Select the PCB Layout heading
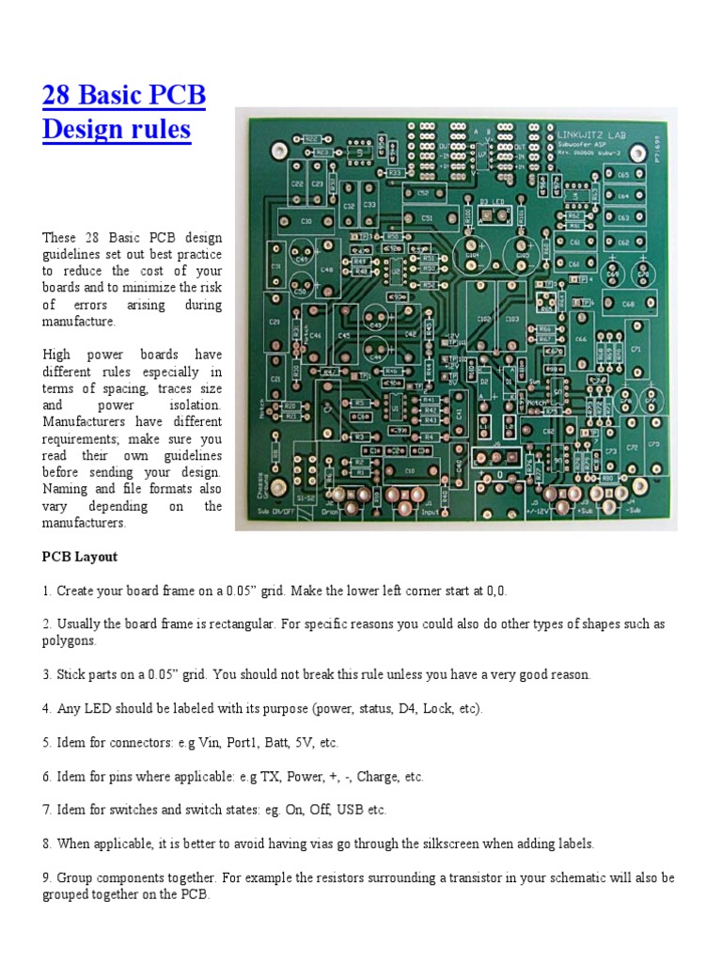80,557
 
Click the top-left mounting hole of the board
277,150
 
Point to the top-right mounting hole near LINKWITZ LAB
645,150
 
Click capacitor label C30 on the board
306,221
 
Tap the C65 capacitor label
623,176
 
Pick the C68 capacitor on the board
627,303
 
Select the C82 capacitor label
548,433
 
